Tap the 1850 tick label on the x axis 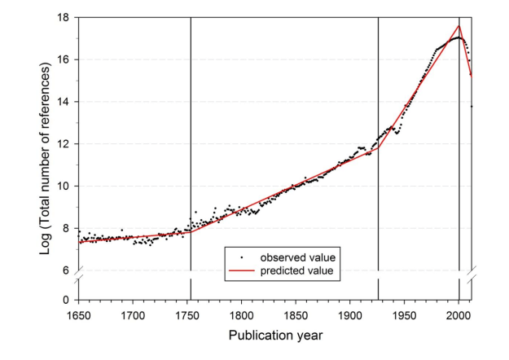coord(296,314)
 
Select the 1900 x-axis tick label coord(350,314)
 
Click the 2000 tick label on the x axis coord(459,314)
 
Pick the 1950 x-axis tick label coord(405,314)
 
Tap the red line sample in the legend coord(242,271)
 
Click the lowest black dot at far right coord(471,107)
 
